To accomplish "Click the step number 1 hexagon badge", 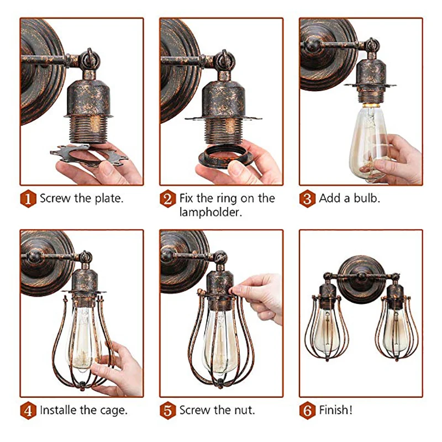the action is (28, 199).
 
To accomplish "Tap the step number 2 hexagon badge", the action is (168, 199).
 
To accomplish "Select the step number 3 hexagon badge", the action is (307, 199).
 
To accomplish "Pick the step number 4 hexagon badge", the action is (28, 411).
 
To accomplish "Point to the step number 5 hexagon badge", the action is (168, 411).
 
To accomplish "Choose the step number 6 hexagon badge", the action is (307, 411).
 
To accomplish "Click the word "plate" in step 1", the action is (108, 199).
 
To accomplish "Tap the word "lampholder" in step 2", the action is (210, 212).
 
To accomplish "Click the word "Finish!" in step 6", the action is (336, 410).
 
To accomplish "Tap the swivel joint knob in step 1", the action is (90, 59).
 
